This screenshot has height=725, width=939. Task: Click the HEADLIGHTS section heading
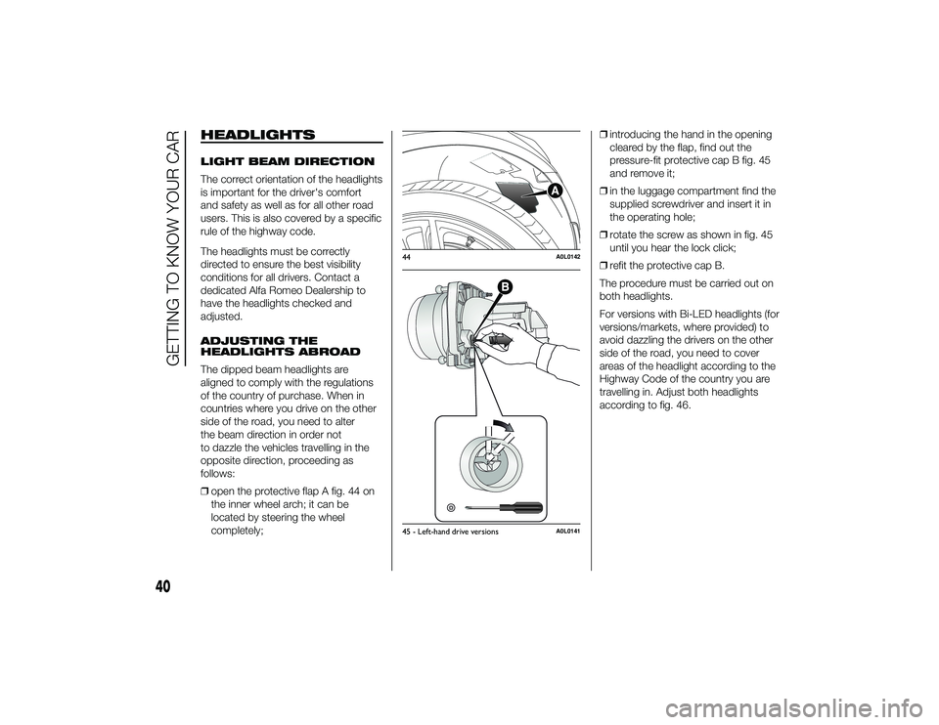(x=258, y=135)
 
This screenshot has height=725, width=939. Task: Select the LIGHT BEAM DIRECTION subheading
(x=288, y=161)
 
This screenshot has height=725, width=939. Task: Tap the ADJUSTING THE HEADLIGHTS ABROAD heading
(x=281, y=346)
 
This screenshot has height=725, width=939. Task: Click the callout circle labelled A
(x=554, y=191)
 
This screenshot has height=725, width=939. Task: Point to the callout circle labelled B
(x=506, y=287)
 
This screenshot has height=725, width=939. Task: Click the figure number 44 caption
(x=406, y=256)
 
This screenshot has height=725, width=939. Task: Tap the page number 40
(x=163, y=587)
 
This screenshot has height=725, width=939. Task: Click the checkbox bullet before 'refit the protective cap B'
(x=604, y=266)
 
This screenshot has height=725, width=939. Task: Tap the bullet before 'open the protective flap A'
(x=204, y=491)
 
